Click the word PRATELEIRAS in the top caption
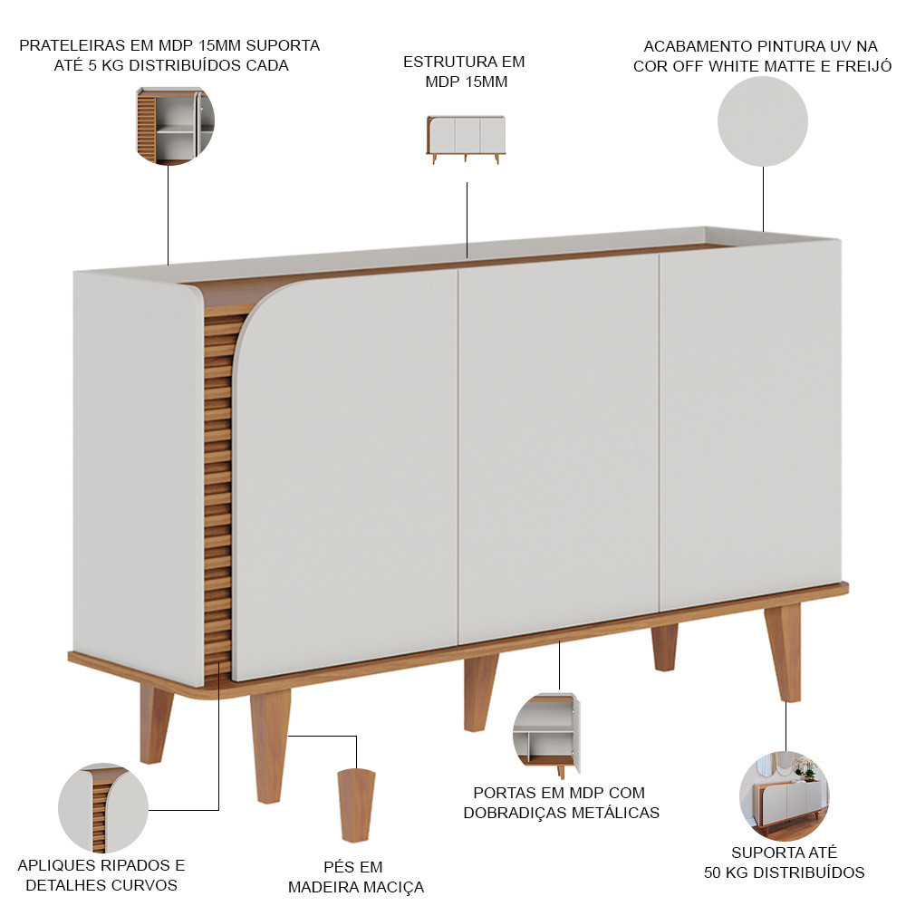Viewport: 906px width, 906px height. [72, 45]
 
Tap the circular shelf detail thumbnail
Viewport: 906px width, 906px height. [175, 126]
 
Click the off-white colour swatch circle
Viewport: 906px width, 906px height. [762, 121]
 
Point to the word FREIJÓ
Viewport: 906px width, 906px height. [863, 66]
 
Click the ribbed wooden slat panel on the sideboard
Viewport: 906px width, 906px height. [217, 491]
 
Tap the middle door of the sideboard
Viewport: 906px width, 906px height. [559, 449]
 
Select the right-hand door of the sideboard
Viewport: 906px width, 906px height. [750, 425]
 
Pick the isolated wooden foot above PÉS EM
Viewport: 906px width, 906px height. [356, 805]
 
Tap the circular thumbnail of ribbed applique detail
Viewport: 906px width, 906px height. [103, 808]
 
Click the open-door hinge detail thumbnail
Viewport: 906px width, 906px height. [546, 735]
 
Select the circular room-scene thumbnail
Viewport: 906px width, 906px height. [784, 795]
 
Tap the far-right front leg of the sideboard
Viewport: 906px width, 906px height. [784, 652]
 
